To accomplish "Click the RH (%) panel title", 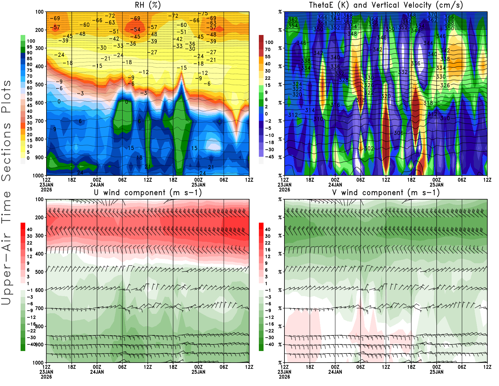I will coord(148,5).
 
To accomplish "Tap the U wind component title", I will coord(148,192).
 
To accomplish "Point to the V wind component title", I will coord(386,192).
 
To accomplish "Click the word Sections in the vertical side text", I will coord(6,151).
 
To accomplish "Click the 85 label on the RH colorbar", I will coord(29,58).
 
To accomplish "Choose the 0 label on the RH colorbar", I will coord(28,158).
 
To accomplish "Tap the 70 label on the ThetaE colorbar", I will coord(268,49).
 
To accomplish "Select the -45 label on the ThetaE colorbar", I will coord(269,157).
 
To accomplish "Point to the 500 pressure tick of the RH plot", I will coord(40,85).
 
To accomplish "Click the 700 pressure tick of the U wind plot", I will coord(40,308).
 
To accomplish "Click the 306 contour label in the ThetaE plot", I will coord(398,133).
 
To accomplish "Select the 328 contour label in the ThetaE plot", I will coord(343,80).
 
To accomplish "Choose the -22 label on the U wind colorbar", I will coord(31,331).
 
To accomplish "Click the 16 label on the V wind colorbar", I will coord(268,250).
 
